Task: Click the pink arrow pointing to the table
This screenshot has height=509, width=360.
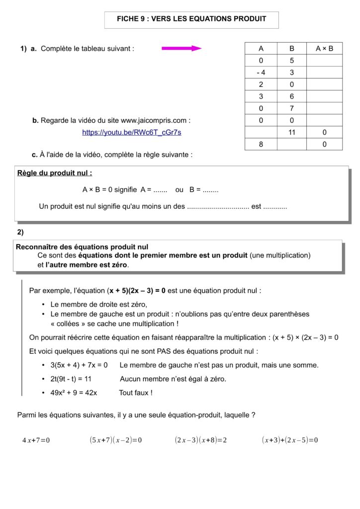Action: (181, 48)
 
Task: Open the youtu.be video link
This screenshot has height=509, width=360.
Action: (131, 132)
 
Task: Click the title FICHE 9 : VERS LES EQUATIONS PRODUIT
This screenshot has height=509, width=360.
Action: (191, 19)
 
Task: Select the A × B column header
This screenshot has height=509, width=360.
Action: (324, 49)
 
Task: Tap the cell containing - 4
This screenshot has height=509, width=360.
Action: (261, 72)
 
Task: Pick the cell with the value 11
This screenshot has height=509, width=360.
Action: (292, 132)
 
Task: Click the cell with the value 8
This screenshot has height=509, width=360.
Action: (261, 144)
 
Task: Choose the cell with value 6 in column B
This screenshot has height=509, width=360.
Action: (292, 96)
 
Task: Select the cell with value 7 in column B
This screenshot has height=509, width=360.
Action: (292, 108)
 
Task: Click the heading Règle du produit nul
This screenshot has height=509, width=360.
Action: (55, 173)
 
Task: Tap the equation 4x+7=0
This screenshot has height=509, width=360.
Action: (36, 440)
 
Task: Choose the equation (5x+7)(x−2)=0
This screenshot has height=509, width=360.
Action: (116, 440)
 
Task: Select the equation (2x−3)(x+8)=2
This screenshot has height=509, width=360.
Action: (201, 440)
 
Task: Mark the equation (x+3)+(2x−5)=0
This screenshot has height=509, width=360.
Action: (290, 440)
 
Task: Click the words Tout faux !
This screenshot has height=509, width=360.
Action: (136, 393)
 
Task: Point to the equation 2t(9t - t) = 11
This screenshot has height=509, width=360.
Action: (78, 379)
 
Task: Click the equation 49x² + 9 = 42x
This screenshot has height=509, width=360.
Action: (74, 393)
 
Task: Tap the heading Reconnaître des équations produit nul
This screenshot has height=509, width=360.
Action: (82, 247)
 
